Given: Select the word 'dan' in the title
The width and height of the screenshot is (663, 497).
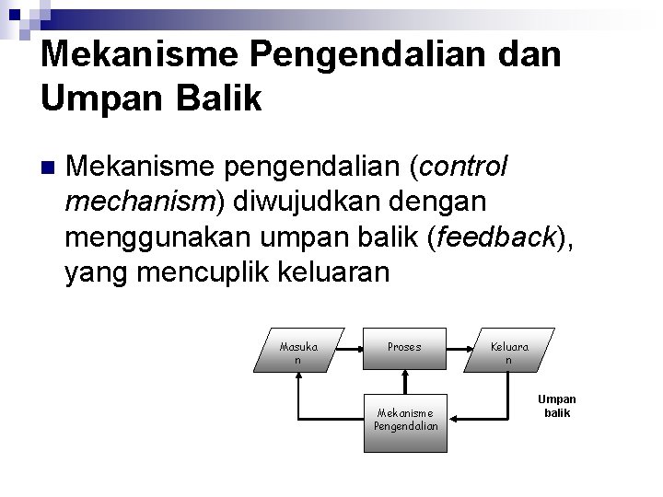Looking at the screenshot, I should click(528, 53).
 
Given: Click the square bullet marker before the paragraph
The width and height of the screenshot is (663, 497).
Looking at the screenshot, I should click(48, 168).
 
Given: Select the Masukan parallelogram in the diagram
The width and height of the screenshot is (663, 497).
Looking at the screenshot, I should click(298, 350).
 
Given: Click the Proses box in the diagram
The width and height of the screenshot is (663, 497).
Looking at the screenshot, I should click(404, 349).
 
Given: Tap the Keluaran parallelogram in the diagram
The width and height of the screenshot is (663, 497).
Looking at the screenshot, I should click(508, 350).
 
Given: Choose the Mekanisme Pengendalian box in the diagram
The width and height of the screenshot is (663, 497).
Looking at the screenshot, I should click(404, 420).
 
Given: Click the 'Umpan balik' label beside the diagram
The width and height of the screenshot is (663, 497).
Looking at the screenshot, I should click(557, 406).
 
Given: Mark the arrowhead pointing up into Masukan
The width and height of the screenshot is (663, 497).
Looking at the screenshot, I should click(298, 377).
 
